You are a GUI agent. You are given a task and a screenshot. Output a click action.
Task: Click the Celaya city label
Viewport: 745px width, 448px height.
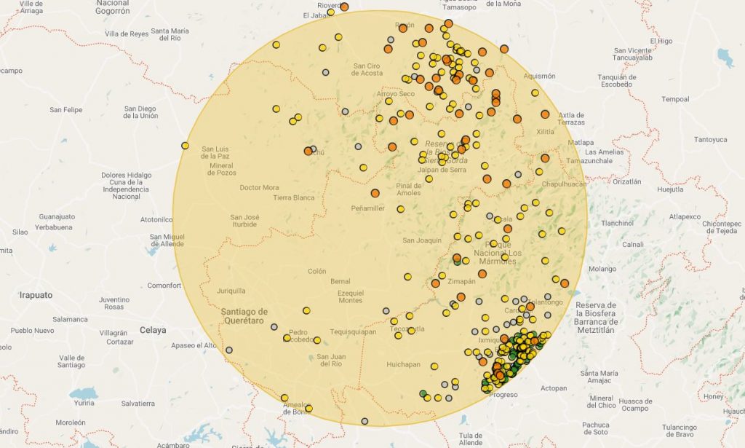(x=154, y=330)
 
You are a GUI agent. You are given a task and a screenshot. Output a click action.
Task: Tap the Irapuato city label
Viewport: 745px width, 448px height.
(x=36, y=295)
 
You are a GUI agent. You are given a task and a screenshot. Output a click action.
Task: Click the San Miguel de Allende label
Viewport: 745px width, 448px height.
(x=167, y=241)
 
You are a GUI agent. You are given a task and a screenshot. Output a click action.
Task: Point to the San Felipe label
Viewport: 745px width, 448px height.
(x=66, y=110)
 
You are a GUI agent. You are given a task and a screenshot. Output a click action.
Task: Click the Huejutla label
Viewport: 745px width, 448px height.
(x=670, y=189)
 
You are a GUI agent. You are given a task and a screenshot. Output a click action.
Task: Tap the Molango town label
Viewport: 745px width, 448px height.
(x=602, y=269)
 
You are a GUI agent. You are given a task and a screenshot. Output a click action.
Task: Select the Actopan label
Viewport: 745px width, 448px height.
(x=553, y=388)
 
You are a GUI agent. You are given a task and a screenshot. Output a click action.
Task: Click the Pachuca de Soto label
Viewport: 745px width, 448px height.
(x=596, y=428)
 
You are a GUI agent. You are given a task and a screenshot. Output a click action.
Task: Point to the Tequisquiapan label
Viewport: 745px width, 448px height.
(x=353, y=331)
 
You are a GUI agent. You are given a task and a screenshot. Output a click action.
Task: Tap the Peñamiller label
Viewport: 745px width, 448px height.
(x=367, y=208)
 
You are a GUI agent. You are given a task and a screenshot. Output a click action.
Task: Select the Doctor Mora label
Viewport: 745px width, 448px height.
(x=260, y=187)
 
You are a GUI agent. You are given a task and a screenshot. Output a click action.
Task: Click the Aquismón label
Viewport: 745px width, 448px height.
(x=539, y=76)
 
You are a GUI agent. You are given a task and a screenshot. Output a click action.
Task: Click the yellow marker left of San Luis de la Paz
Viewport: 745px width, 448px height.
(x=185, y=146)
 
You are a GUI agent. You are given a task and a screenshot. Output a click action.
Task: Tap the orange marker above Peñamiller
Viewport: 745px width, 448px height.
(x=375, y=193)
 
